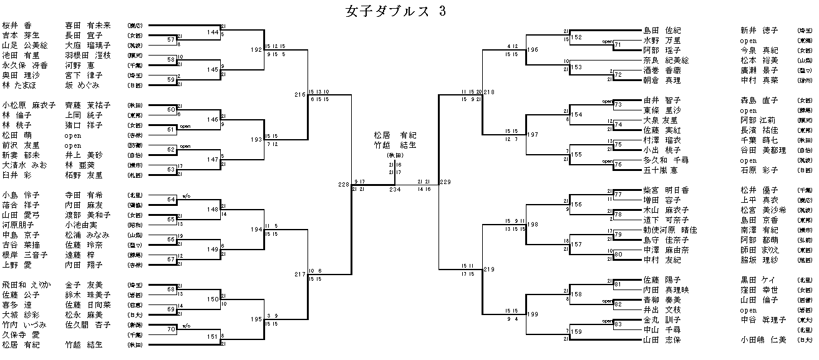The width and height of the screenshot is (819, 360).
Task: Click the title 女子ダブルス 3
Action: coord(394,11)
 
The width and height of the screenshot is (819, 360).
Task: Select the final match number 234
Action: coord(394,189)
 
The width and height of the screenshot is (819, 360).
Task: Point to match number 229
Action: coord(445,182)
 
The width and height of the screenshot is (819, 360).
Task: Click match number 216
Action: coord(301,95)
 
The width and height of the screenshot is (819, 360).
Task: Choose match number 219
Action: coord(488,270)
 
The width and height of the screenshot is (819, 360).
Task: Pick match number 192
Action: coord(256,49)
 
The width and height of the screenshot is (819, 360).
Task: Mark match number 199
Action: coord(532,314)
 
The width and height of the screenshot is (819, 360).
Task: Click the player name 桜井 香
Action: coord(17,26)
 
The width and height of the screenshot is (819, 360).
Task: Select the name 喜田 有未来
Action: coord(87,26)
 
